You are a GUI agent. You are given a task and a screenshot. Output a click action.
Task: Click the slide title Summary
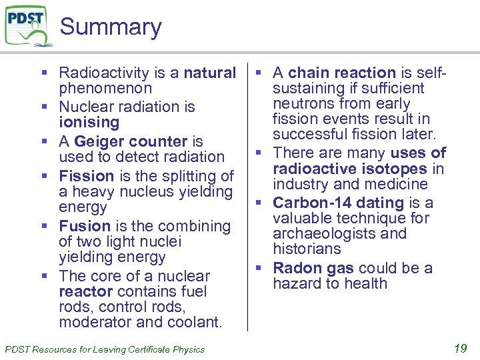click(x=111, y=27)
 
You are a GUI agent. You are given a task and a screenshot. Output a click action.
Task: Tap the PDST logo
click(x=28, y=25)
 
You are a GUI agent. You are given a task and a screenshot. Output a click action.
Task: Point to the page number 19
click(x=460, y=348)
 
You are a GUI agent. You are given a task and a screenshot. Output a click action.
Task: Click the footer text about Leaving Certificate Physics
click(x=105, y=349)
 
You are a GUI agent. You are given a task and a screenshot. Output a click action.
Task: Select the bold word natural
click(x=210, y=73)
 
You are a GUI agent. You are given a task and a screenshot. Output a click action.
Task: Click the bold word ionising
click(x=89, y=123)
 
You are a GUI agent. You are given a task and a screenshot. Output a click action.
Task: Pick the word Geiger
click(x=97, y=141)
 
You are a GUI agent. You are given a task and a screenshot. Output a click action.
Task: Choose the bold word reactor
click(x=85, y=292)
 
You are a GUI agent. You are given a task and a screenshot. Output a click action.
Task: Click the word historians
click(x=307, y=249)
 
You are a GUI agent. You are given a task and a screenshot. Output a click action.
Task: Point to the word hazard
click(x=297, y=283)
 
